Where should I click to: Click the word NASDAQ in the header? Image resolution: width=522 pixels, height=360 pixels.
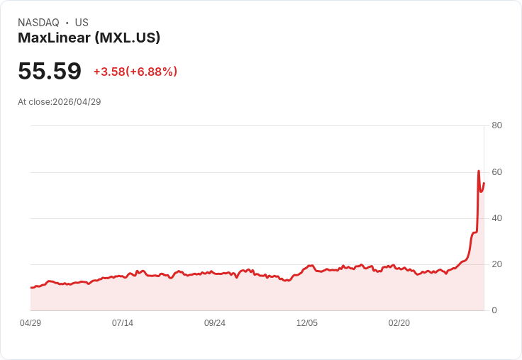pyautogui.click(x=38, y=23)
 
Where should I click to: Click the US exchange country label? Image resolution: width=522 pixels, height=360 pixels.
pyautogui.click(x=82, y=23)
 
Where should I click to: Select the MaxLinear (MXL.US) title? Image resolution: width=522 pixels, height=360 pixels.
pyautogui.click(x=89, y=38)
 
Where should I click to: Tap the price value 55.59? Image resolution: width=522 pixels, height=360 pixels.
pyautogui.click(x=50, y=72)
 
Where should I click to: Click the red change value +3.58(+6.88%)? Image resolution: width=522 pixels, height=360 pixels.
pyautogui.click(x=135, y=72)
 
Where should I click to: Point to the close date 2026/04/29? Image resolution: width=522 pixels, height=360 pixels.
pyautogui.click(x=77, y=102)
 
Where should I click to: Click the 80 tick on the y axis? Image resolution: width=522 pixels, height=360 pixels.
pyautogui.click(x=496, y=126)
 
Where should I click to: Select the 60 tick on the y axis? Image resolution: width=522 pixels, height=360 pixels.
pyautogui.click(x=496, y=172)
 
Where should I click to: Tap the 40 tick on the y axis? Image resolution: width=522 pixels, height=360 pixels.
pyautogui.click(x=496, y=218)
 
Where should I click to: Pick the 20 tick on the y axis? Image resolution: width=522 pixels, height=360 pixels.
pyautogui.click(x=496, y=264)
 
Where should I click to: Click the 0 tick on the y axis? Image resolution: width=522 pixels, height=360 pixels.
pyautogui.click(x=494, y=310)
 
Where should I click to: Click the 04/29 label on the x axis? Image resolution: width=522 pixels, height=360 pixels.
pyautogui.click(x=30, y=323)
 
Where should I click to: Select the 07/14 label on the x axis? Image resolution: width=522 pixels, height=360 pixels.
pyautogui.click(x=123, y=323)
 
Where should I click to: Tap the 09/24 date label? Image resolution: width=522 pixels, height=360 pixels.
pyautogui.click(x=215, y=323)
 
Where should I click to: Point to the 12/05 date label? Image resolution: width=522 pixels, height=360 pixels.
pyautogui.click(x=307, y=323)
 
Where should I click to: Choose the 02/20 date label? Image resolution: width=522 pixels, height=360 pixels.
pyautogui.click(x=399, y=323)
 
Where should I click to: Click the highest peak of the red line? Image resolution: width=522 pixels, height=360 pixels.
pyautogui.click(x=479, y=171)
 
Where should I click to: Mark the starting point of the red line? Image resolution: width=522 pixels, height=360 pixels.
pyautogui.click(x=31, y=287)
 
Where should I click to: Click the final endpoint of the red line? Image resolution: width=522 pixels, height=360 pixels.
pyautogui.click(x=484, y=183)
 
